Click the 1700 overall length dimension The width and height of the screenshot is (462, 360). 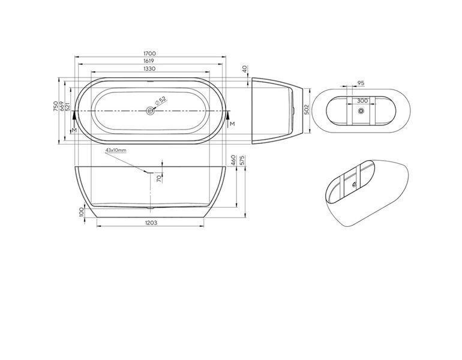click(x=149, y=53)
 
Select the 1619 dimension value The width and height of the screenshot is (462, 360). click(x=149, y=61)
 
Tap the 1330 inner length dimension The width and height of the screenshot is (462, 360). click(x=149, y=68)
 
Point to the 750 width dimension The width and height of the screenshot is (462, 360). click(x=55, y=106)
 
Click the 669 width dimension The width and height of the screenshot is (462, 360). click(x=62, y=106)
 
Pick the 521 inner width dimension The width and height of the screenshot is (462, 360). click(x=67, y=106)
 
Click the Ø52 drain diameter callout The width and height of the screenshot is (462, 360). click(x=160, y=100)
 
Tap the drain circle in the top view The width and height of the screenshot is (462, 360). click(x=150, y=111)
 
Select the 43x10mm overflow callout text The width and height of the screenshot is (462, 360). click(x=116, y=150)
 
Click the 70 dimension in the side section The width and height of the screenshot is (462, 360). click(x=159, y=178)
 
